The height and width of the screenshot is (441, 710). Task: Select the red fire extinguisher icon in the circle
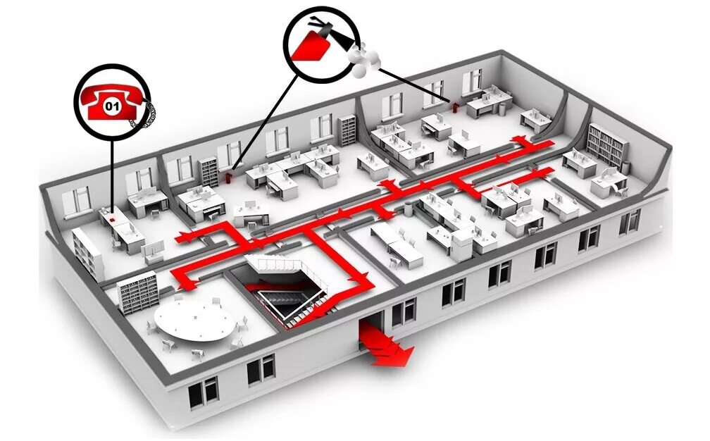point(310,44)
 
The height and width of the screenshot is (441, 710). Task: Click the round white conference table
point(196,321)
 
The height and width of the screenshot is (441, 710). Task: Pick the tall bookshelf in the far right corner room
point(607,145)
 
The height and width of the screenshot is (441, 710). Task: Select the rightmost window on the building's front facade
point(630,220)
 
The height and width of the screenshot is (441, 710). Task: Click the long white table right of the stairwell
point(397,244)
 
